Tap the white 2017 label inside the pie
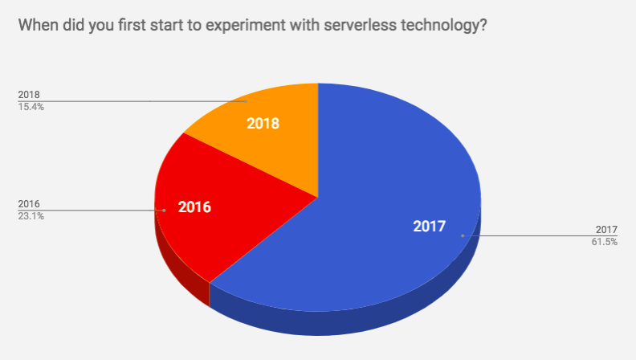(x=429, y=226)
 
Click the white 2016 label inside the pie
(x=194, y=207)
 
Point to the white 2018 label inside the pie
(x=263, y=124)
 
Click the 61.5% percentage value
(x=604, y=241)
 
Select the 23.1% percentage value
(x=31, y=215)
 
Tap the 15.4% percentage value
(x=31, y=106)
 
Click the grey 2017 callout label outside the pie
(x=606, y=230)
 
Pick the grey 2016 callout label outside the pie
(x=29, y=204)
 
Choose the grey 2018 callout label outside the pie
(x=29, y=95)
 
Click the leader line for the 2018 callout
(x=120, y=101)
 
